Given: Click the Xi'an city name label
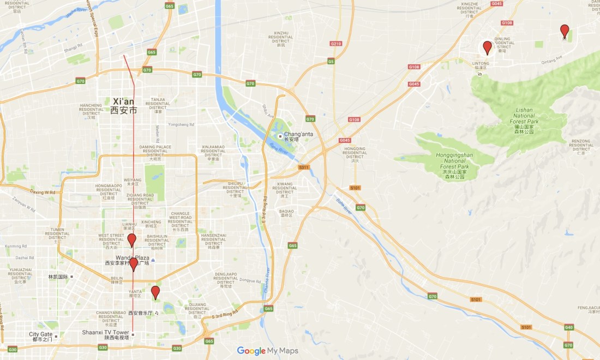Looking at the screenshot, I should click(124, 101).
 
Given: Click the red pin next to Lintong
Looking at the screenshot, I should click(487, 47).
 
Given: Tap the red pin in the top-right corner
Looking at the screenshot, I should click(565, 31).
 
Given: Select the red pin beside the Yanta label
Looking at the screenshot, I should click(155, 292).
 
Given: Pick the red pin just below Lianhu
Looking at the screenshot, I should click(132, 239).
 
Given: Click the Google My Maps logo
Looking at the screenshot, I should click(268, 351).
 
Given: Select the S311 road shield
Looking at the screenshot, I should click(303, 167).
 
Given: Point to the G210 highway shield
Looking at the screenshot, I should click(335, 44).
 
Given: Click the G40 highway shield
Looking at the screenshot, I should click(569, 327).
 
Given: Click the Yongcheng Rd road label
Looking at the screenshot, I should click(181, 124).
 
